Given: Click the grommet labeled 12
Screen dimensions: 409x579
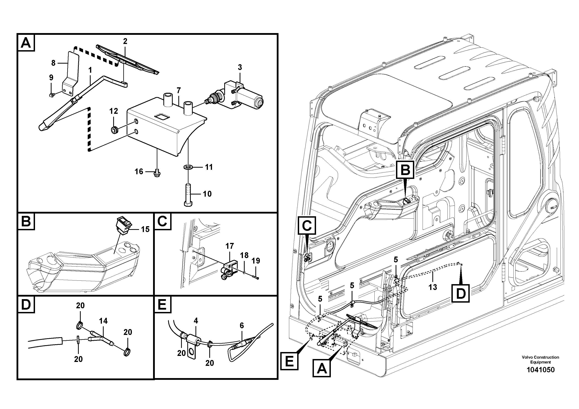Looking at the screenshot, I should pos(115,130).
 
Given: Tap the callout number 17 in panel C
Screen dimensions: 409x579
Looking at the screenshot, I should pos(229,246).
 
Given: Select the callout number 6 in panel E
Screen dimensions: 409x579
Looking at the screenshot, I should pos(242,326).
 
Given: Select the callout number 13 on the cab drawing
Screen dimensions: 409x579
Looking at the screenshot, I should pos(433,287).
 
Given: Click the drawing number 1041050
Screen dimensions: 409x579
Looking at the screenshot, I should pos(540,370).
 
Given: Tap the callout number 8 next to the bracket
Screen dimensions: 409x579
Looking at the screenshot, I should pos(53,63).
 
